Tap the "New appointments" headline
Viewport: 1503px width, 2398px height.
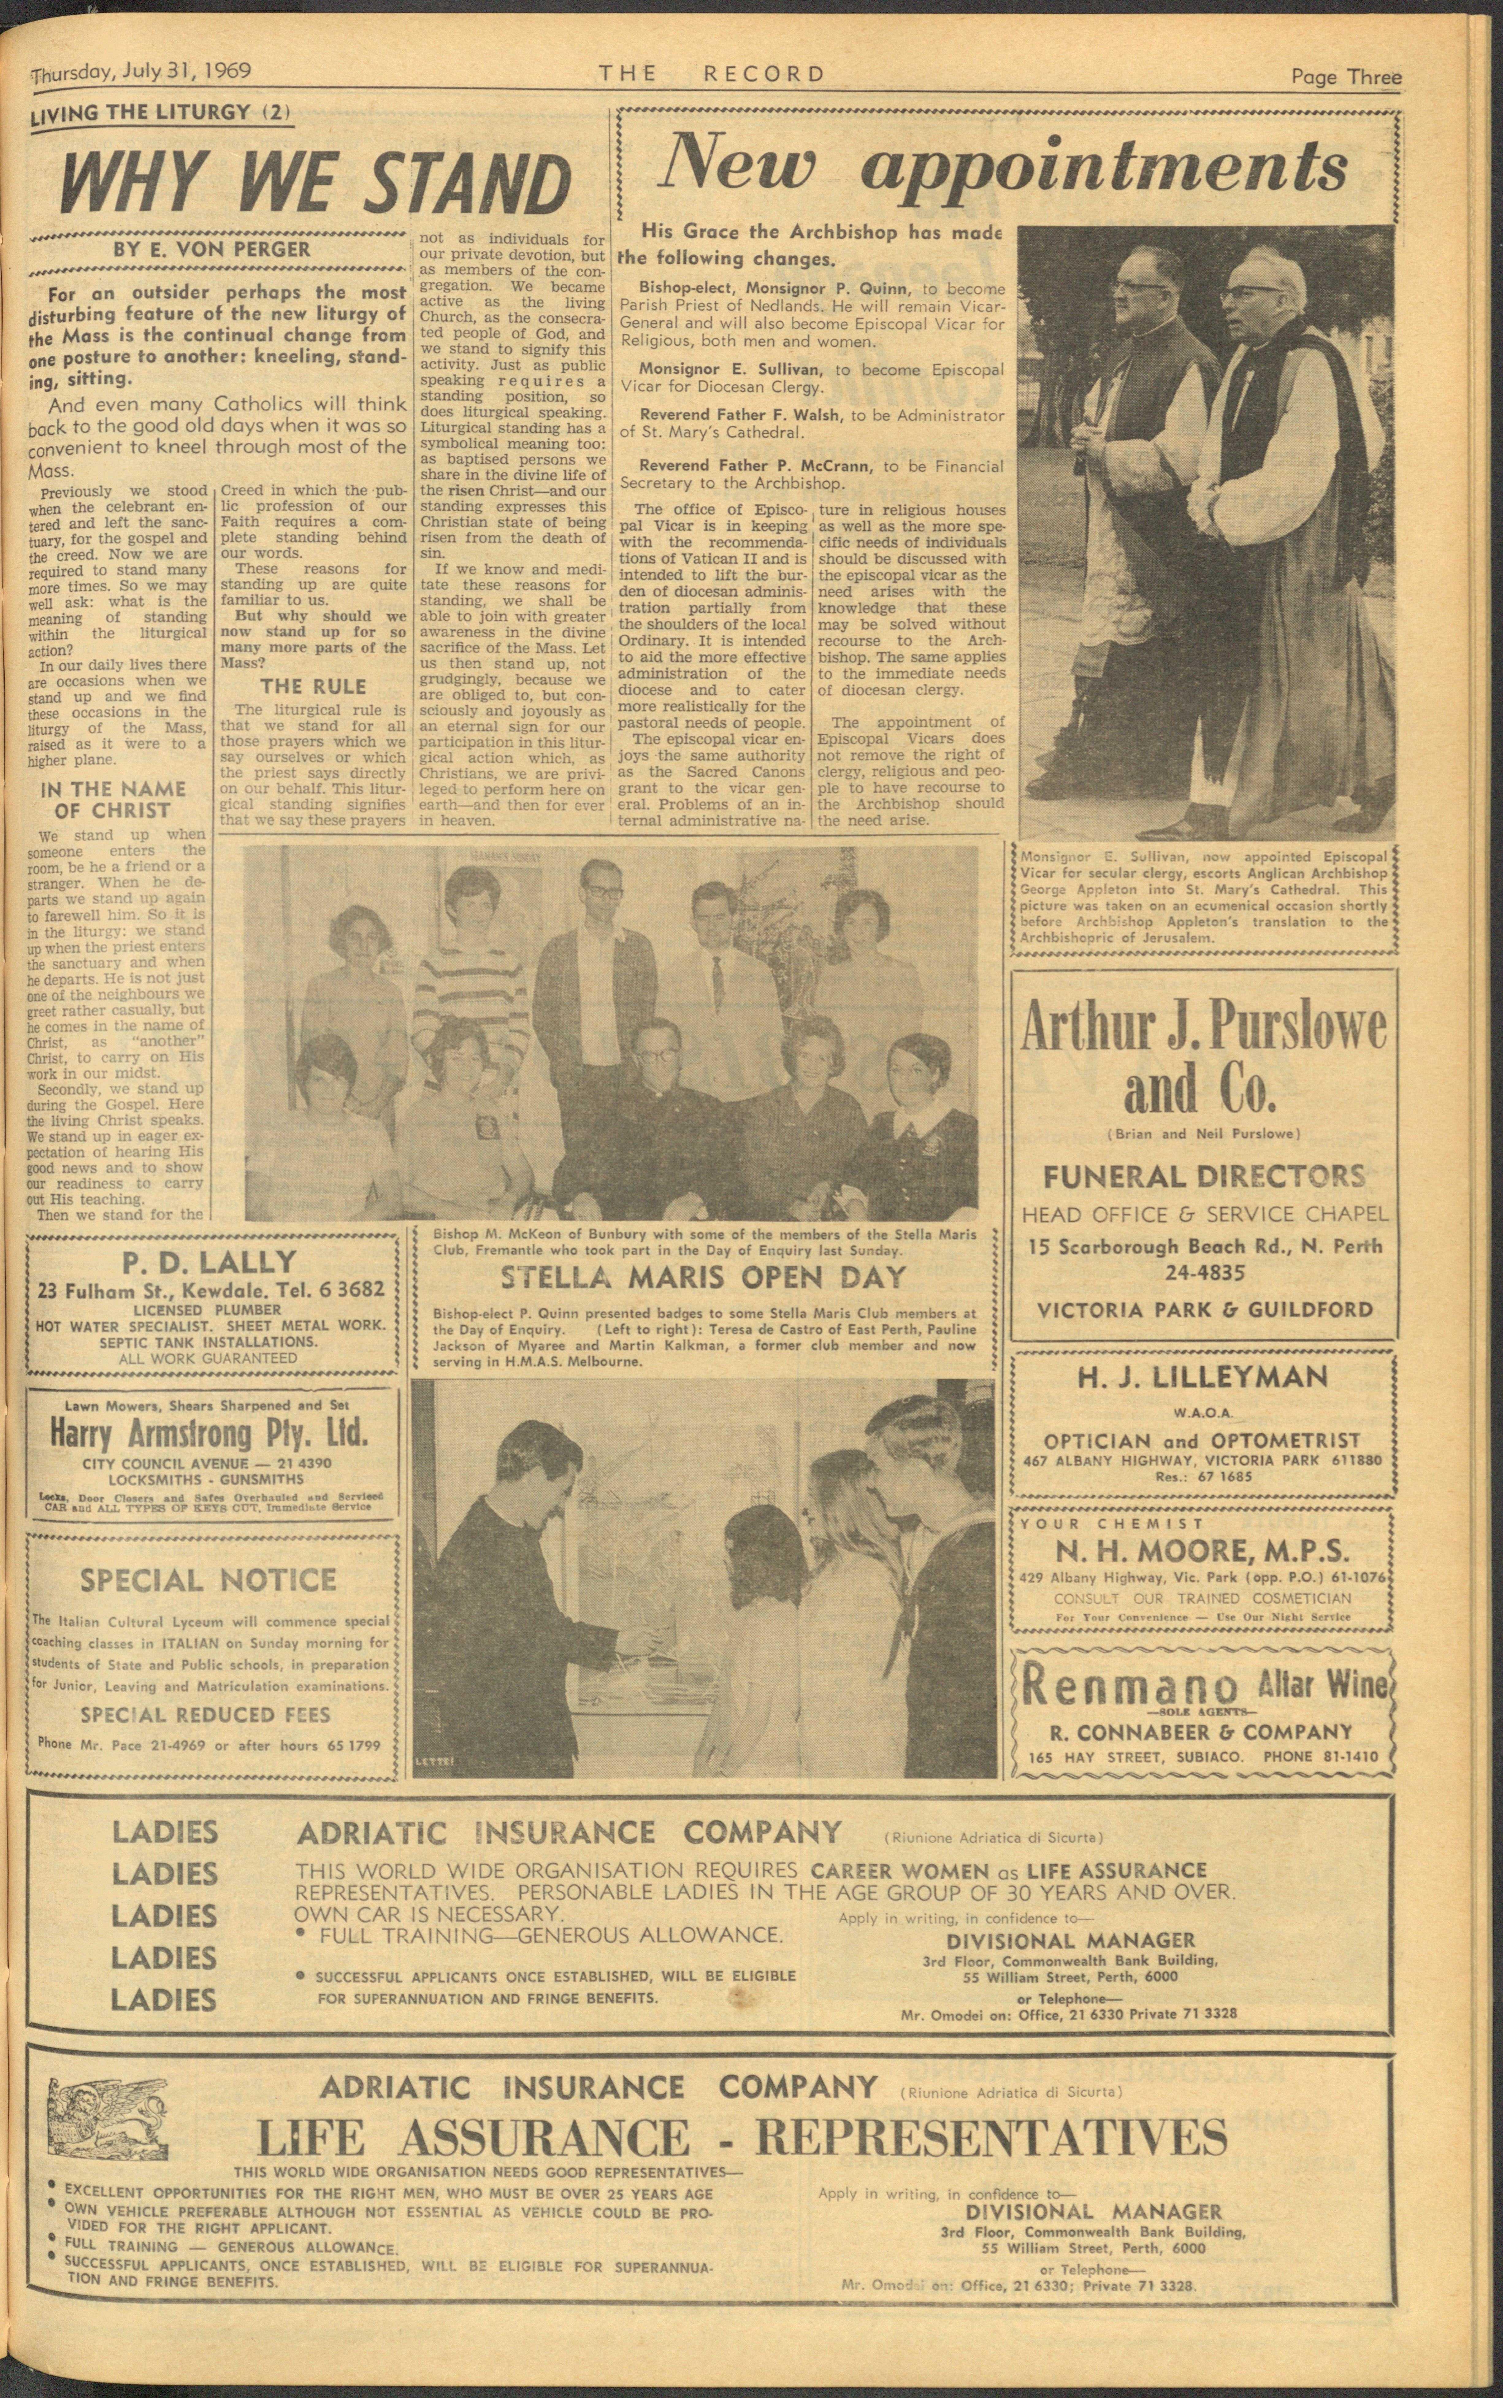tap(1004, 164)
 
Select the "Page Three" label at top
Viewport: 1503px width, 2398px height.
tap(1346, 77)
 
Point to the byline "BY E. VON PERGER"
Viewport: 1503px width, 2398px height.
tap(212, 250)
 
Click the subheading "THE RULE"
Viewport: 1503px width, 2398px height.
tap(313, 686)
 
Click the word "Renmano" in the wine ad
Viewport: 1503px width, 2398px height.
tap(1130, 1685)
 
